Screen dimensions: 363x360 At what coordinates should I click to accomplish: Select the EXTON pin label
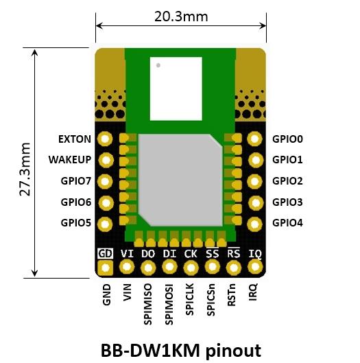tap(74, 139)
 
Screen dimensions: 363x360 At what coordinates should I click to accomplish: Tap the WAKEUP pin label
tap(70, 160)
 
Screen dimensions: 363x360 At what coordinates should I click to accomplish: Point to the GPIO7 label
tap(75, 181)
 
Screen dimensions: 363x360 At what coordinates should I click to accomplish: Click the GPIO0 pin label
tap(287, 139)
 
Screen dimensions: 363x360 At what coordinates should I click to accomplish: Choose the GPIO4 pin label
tap(287, 223)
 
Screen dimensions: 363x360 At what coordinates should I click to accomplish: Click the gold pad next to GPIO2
tap(255, 181)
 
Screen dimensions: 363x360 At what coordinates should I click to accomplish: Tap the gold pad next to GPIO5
tap(105, 224)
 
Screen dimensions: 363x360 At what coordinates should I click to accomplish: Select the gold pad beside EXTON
tap(105, 139)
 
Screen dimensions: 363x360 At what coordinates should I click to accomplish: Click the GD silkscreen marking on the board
tap(106, 253)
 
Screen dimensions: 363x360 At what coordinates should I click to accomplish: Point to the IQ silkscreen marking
tap(255, 253)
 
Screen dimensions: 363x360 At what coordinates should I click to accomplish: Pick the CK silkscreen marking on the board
tap(191, 253)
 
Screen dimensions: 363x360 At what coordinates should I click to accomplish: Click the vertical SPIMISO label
tap(148, 298)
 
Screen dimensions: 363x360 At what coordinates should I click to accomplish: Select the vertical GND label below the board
tap(106, 294)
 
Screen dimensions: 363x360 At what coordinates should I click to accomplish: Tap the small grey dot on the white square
tap(158, 66)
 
